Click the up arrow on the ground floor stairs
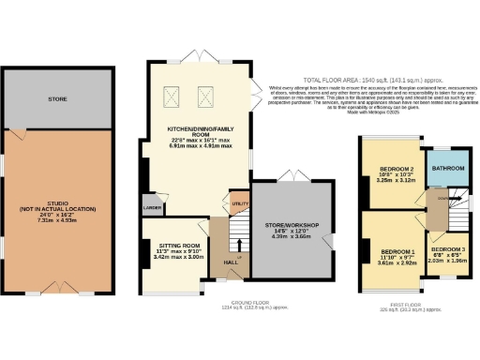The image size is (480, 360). coord(238,255)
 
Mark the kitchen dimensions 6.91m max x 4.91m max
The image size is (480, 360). coord(199,148)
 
